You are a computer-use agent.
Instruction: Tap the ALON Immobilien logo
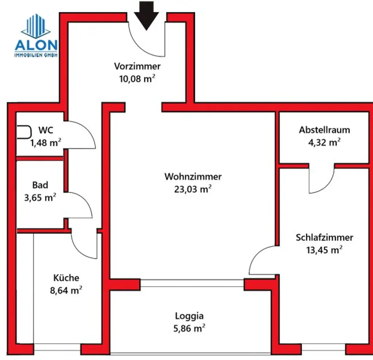(36, 36)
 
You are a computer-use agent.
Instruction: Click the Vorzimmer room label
(137, 66)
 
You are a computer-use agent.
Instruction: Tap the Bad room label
(40, 185)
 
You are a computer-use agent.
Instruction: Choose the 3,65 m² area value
(43, 198)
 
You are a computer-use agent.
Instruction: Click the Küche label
(66, 278)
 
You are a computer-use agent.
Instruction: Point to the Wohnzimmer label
(193, 177)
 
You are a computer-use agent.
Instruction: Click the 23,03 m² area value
(193, 189)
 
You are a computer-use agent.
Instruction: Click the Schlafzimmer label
(325, 238)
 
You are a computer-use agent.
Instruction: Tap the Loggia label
(189, 316)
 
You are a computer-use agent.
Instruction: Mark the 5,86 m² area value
(189, 329)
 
